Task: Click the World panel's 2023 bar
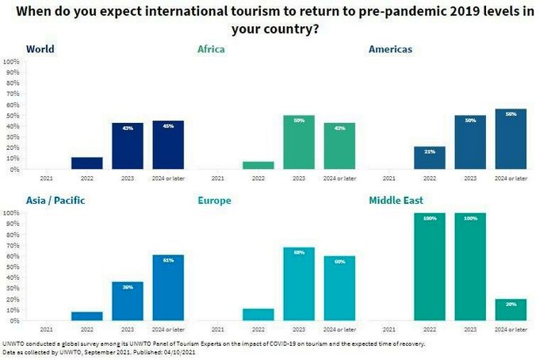127,146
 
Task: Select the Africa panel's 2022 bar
258,165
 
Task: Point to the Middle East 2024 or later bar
511,310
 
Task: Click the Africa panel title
211,49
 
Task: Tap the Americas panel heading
390,49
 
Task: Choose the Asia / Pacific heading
55,201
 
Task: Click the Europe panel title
214,201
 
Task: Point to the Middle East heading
397,201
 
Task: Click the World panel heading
40,49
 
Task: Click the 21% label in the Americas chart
430,151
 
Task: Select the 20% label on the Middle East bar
511,304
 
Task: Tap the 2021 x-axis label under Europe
217,329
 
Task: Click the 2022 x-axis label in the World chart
86,178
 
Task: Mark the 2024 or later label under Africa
339,178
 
